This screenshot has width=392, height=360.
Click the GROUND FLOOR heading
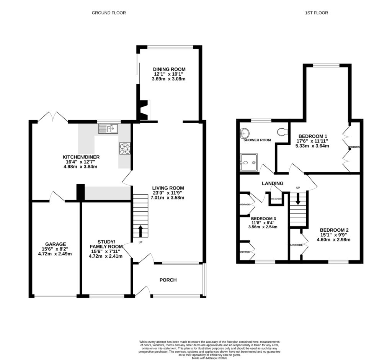[109, 13]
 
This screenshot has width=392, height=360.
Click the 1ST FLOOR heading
[316, 13]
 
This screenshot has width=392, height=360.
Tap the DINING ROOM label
[169, 69]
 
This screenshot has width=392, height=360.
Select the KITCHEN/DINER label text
[81, 157]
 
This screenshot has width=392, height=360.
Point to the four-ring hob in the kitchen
[125, 148]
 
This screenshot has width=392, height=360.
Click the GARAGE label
[56, 244]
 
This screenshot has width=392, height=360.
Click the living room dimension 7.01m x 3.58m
[168, 198]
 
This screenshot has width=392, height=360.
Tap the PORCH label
[168, 280]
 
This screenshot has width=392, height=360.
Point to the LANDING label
[272, 183]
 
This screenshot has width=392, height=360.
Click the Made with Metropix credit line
[210, 357]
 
